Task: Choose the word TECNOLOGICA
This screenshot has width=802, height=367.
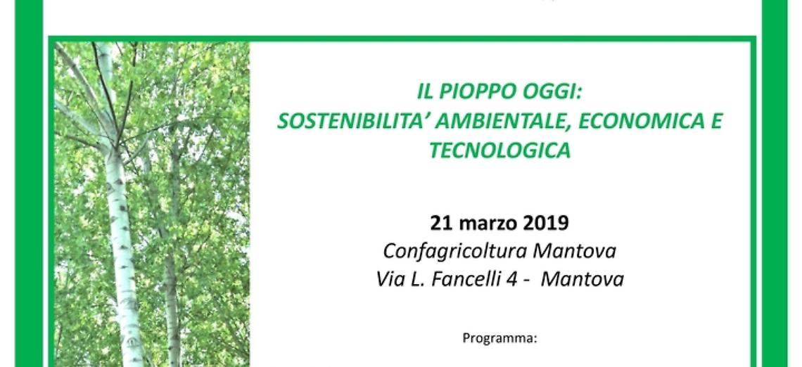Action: pyautogui.click(x=500, y=150)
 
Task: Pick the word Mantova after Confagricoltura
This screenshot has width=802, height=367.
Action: pyautogui.click(x=576, y=251)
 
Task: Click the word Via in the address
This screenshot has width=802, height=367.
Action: pyautogui.click(x=391, y=279)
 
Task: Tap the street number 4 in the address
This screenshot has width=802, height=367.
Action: pyautogui.click(x=524, y=279)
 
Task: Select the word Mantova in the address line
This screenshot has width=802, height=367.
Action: pyautogui.click(x=584, y=279)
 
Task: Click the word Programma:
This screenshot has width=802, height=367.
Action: pyautogui.click(x=499, y=338)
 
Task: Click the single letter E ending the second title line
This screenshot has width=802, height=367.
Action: pyautogui.click(x=716, y=121)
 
